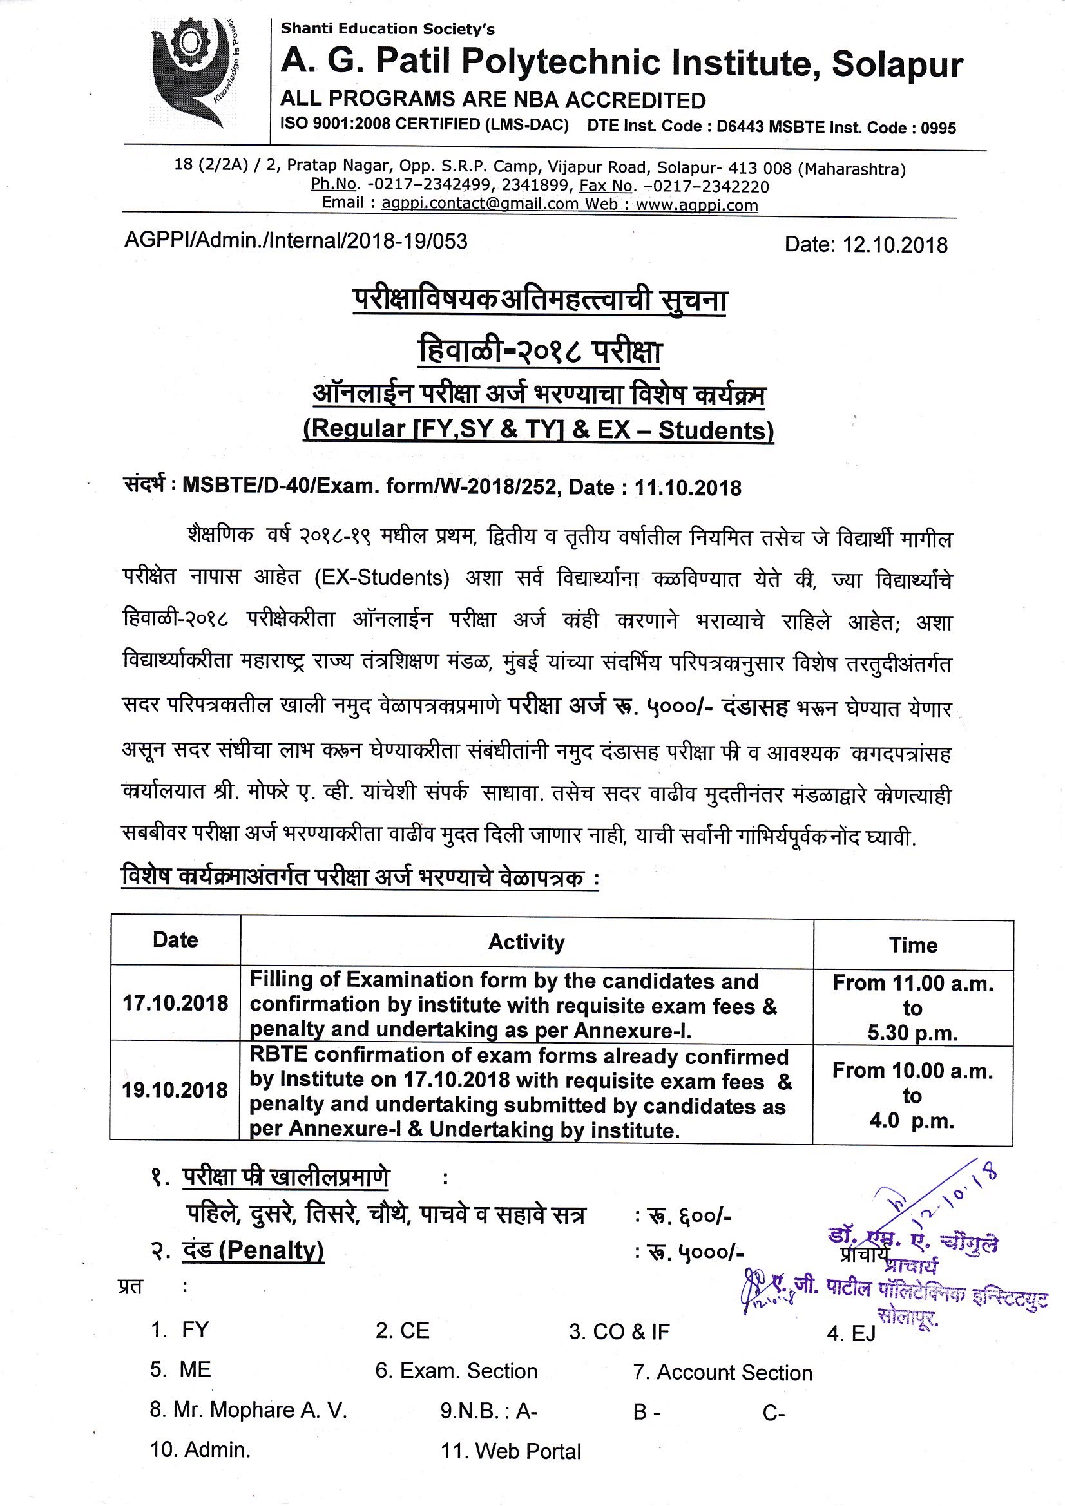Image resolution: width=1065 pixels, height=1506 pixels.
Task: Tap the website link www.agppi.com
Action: (697, 205)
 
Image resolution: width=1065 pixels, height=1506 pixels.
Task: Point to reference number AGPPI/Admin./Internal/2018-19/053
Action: (296, 242)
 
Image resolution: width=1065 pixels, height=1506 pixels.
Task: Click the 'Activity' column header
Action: (526, 942)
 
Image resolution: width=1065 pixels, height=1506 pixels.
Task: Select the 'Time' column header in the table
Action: (913, 944)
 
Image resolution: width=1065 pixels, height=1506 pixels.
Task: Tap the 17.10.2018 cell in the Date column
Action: (175, 1003)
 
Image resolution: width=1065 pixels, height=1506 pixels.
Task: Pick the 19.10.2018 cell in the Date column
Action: (175, 1090)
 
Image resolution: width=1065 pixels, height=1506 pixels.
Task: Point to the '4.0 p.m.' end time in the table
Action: (912, 1120)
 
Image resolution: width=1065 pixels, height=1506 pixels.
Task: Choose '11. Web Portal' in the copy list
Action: (510, 1451)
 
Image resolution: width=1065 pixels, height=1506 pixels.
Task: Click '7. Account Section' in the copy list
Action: (722, 1372)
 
